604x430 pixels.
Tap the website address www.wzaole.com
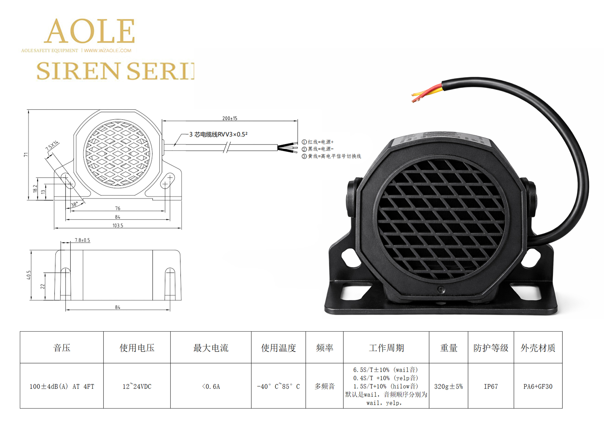tap(108, 50)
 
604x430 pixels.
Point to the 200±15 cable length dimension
tap(230, 118)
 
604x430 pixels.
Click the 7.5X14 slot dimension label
tap(52, 146)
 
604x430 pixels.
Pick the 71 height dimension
tap(26, 154)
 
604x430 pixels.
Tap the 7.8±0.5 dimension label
tap(82, 240)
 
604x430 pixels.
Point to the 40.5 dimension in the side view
tap(29, 275)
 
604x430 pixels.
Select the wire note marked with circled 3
tap(331, 156)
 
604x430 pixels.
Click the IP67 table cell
tap(491, 387)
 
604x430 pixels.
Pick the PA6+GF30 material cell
tap(538, 387)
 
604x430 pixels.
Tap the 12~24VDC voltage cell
tap(137, 387)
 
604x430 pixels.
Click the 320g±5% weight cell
tap(448, 387)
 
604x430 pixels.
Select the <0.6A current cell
tap(211, 387)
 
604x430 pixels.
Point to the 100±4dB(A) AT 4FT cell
tap(62, 387)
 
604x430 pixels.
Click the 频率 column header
tap(324, 348)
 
